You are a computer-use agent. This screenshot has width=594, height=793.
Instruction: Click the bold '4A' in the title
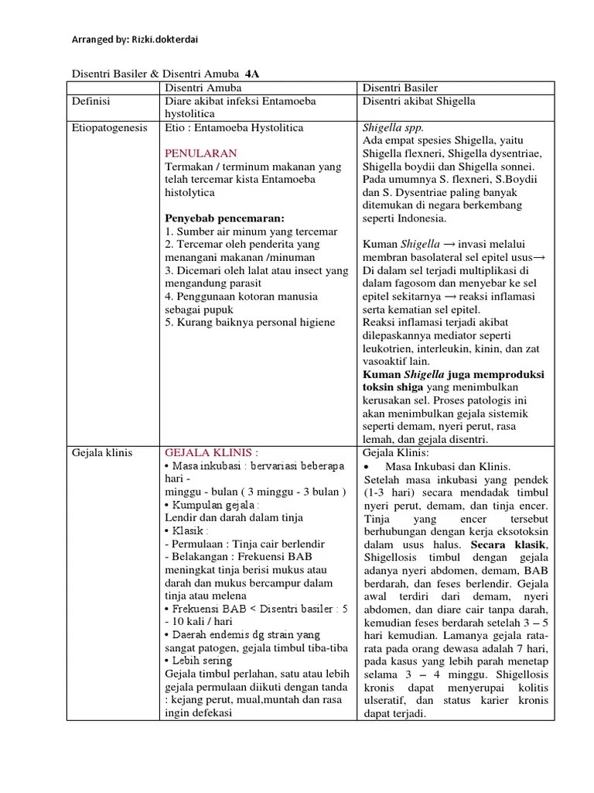click(x=252, y=74)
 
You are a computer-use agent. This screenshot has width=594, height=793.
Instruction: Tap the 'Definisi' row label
click(x=91, y=101)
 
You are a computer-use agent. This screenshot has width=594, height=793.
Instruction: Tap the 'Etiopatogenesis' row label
click(x=109, y=127)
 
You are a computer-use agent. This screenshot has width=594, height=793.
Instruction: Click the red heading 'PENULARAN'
click(x=201, y=153)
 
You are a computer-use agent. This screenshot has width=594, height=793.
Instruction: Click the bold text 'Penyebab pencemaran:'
click(x=224, y=218)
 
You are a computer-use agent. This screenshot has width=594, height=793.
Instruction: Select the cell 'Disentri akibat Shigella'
click(x=418, y=101)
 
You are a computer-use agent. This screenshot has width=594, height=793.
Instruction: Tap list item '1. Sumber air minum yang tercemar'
click(x=251, y=232)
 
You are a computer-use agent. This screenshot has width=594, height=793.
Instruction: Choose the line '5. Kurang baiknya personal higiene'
click(x=251, y=322)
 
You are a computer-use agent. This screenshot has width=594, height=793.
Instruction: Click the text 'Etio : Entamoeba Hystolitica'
click(x=234, y=127)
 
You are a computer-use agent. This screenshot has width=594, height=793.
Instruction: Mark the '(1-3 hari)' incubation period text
click(x=390, y=493)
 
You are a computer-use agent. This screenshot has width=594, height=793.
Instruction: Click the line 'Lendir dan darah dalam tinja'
click(x=234, y=517)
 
